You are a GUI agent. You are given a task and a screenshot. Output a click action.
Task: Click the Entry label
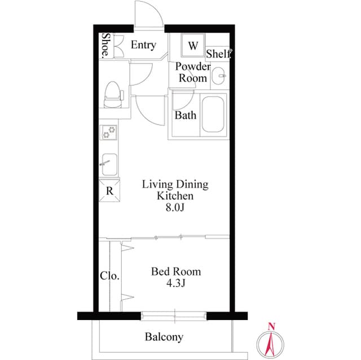(143, 45)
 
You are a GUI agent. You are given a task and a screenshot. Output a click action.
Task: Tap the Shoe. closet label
(105, 47)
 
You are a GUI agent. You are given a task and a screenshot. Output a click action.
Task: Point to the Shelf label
(218, 54)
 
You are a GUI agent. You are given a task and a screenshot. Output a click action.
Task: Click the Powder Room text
(192, 73)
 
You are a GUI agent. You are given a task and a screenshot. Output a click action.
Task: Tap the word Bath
(186, 115)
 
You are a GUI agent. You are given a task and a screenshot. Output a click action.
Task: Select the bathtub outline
(214, 114)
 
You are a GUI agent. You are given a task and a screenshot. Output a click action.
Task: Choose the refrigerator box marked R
(109, 190)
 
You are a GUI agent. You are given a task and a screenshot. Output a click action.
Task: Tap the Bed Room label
(175, 272)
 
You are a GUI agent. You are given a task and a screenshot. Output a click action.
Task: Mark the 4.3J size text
(175, 284)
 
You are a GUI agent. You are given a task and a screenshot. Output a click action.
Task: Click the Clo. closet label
(109, 276)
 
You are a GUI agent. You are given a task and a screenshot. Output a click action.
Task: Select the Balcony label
(164, 337)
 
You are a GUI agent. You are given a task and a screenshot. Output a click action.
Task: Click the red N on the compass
(271, 326)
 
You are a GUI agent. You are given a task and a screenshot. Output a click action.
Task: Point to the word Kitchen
(175, 196)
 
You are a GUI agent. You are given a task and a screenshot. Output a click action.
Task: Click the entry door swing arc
(151, 14)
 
